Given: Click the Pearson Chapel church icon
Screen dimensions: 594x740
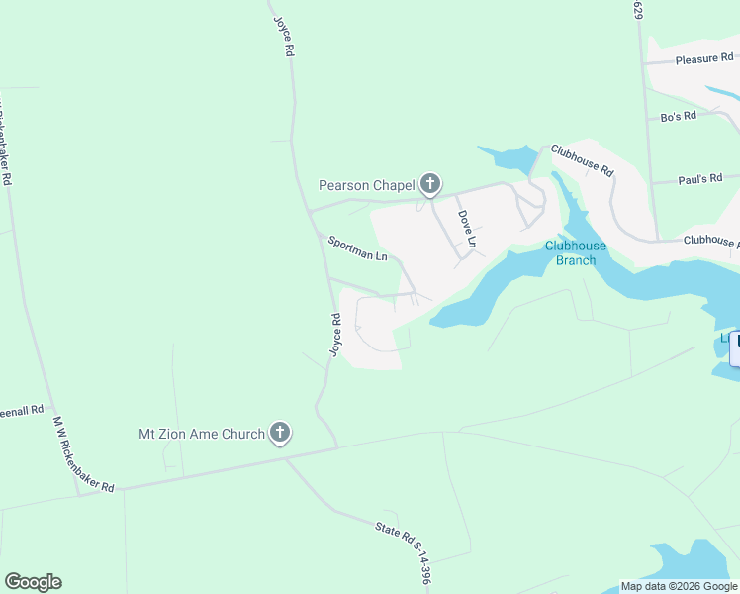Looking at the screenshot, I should (x=429, y=183).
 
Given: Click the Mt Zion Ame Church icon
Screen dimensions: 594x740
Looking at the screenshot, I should (x=280, y=432).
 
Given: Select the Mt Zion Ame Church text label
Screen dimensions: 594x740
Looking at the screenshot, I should (x=201, y=434).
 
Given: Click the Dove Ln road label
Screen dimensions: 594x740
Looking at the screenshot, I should (x=467, y=229).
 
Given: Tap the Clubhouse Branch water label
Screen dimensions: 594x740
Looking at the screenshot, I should (x=570, y=253).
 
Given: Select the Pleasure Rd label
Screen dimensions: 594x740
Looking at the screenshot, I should (x=703, y=59).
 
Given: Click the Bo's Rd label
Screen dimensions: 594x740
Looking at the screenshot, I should (x=679, y=117).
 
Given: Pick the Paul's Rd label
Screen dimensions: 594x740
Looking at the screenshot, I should (x=703, y=179).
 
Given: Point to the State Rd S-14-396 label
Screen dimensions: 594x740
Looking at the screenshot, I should (x=404, y=551).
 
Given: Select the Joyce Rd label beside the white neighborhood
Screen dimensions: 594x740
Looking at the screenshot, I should (x=336, y=336).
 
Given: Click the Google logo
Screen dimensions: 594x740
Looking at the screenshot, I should (x=34, y=582).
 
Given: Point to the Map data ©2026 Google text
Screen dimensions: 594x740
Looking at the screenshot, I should (x=679, y=586).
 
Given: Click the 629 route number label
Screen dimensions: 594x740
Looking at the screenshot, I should (x=638, y=10).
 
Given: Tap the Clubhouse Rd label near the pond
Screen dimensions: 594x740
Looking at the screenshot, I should (x=583, y=160).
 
